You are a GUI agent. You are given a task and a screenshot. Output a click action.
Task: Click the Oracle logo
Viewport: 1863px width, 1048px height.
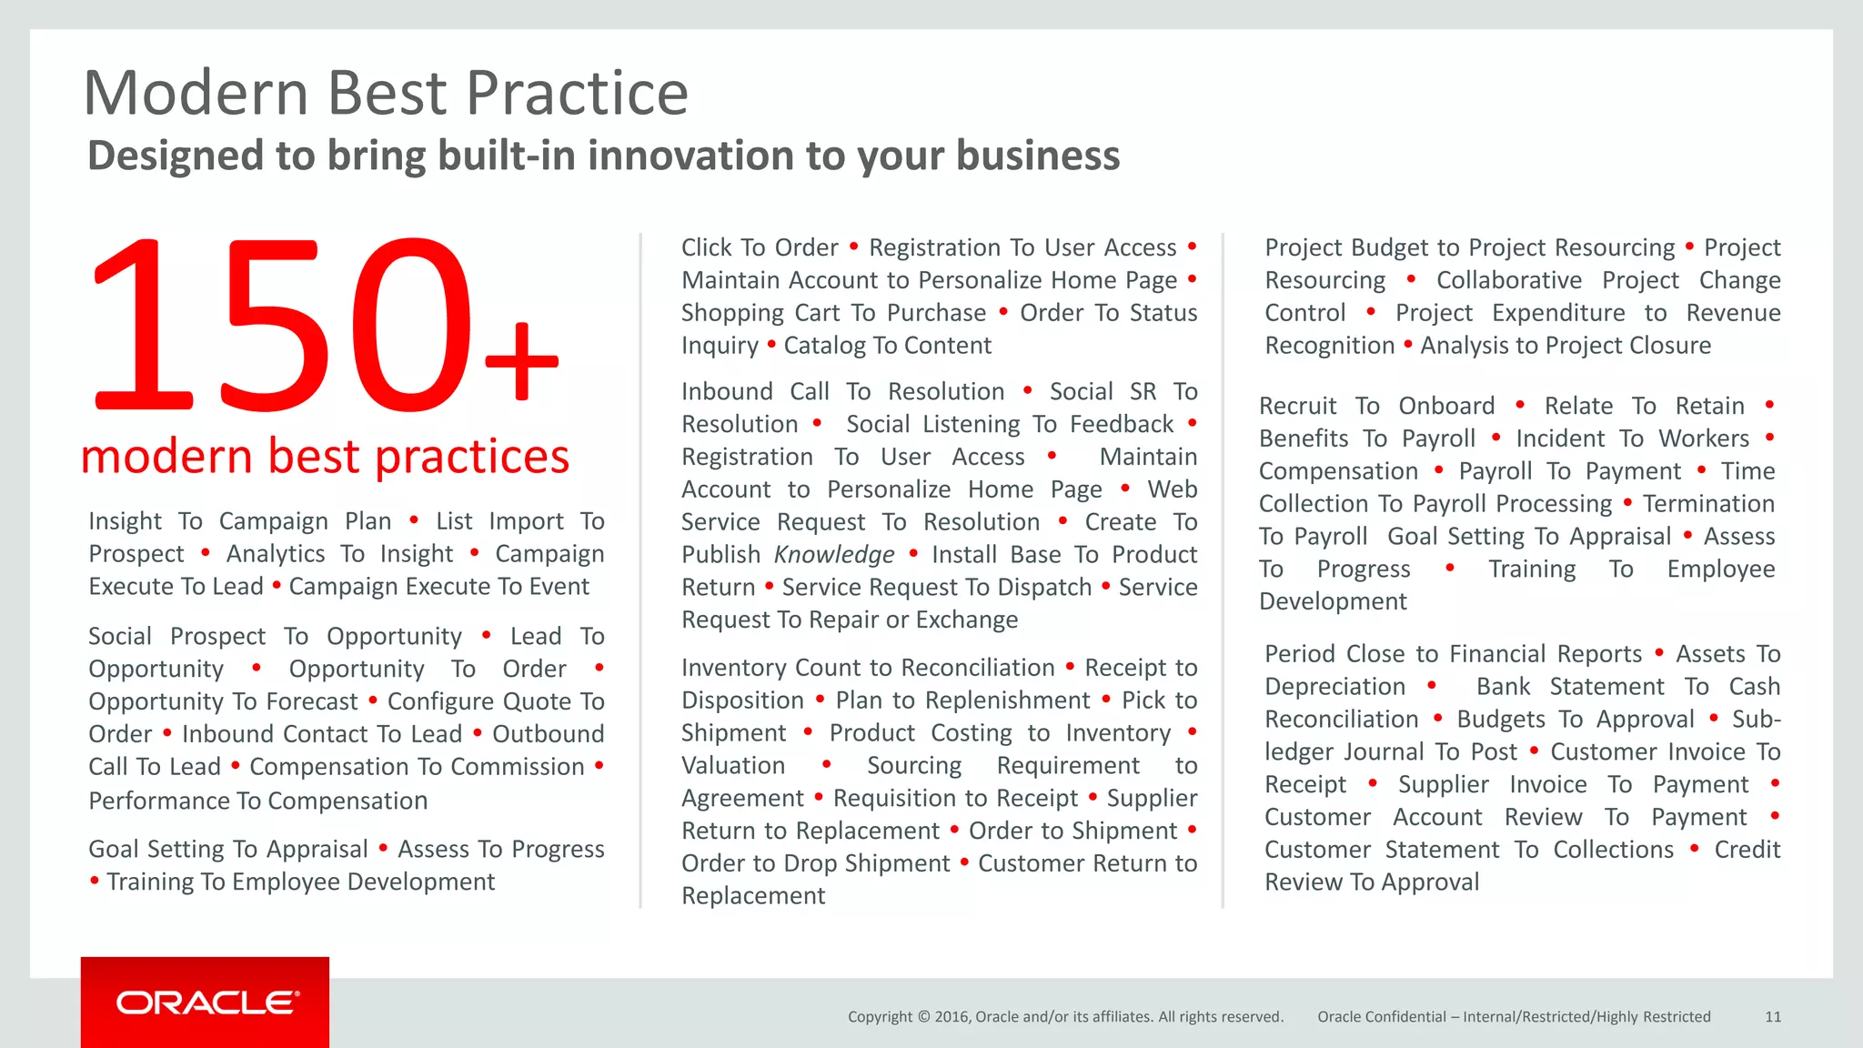coord(206,1003)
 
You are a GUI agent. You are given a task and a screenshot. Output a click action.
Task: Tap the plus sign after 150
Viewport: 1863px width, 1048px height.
coord(521,360)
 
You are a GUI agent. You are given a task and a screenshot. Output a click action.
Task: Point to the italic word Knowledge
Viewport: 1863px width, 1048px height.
coord(834,554)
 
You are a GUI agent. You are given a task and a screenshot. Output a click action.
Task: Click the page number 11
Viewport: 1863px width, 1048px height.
coord(1772,1016)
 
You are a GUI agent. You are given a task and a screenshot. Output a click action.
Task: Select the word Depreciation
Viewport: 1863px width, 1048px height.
coord(1334,687)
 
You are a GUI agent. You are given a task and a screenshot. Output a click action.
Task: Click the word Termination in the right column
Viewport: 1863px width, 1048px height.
coord(1708,503)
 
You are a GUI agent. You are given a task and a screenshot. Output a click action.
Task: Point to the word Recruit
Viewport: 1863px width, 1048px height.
coord(1297,406)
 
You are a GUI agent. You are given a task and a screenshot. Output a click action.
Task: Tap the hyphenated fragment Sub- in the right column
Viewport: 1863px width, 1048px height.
coord(1756,719)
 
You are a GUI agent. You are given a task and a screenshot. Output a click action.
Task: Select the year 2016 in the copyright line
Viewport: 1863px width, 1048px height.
coord(951,1016)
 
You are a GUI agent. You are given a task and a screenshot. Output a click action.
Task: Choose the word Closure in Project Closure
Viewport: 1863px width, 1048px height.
coord(1670,346)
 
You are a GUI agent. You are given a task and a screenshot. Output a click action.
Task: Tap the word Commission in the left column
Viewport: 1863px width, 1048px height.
coord(518,767)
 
